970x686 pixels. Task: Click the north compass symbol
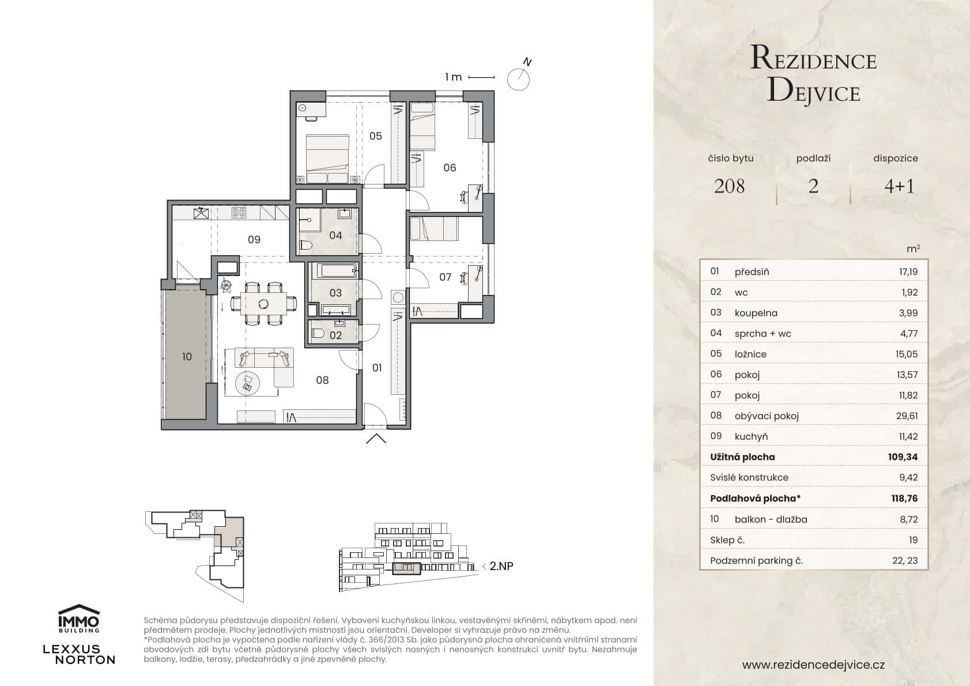(518, 78)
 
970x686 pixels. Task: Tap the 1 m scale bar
(481, 77)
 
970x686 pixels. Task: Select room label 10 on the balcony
(187, 357)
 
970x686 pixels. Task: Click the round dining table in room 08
(263, 303)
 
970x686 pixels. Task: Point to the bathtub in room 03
(333, 272)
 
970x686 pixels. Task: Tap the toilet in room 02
(317, 333)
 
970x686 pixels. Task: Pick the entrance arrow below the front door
(376, 439)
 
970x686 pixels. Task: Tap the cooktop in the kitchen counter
(239, 213)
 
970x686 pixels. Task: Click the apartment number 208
(729, 186)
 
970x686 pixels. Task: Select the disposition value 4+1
(899, 186)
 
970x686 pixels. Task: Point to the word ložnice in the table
(750, 354)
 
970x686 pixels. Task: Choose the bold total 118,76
(904, 498)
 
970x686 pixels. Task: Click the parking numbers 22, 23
(904, 560)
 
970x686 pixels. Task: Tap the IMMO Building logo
(79, 619)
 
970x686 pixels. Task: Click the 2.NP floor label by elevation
(500, 566)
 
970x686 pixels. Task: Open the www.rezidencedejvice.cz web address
(813, 665)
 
